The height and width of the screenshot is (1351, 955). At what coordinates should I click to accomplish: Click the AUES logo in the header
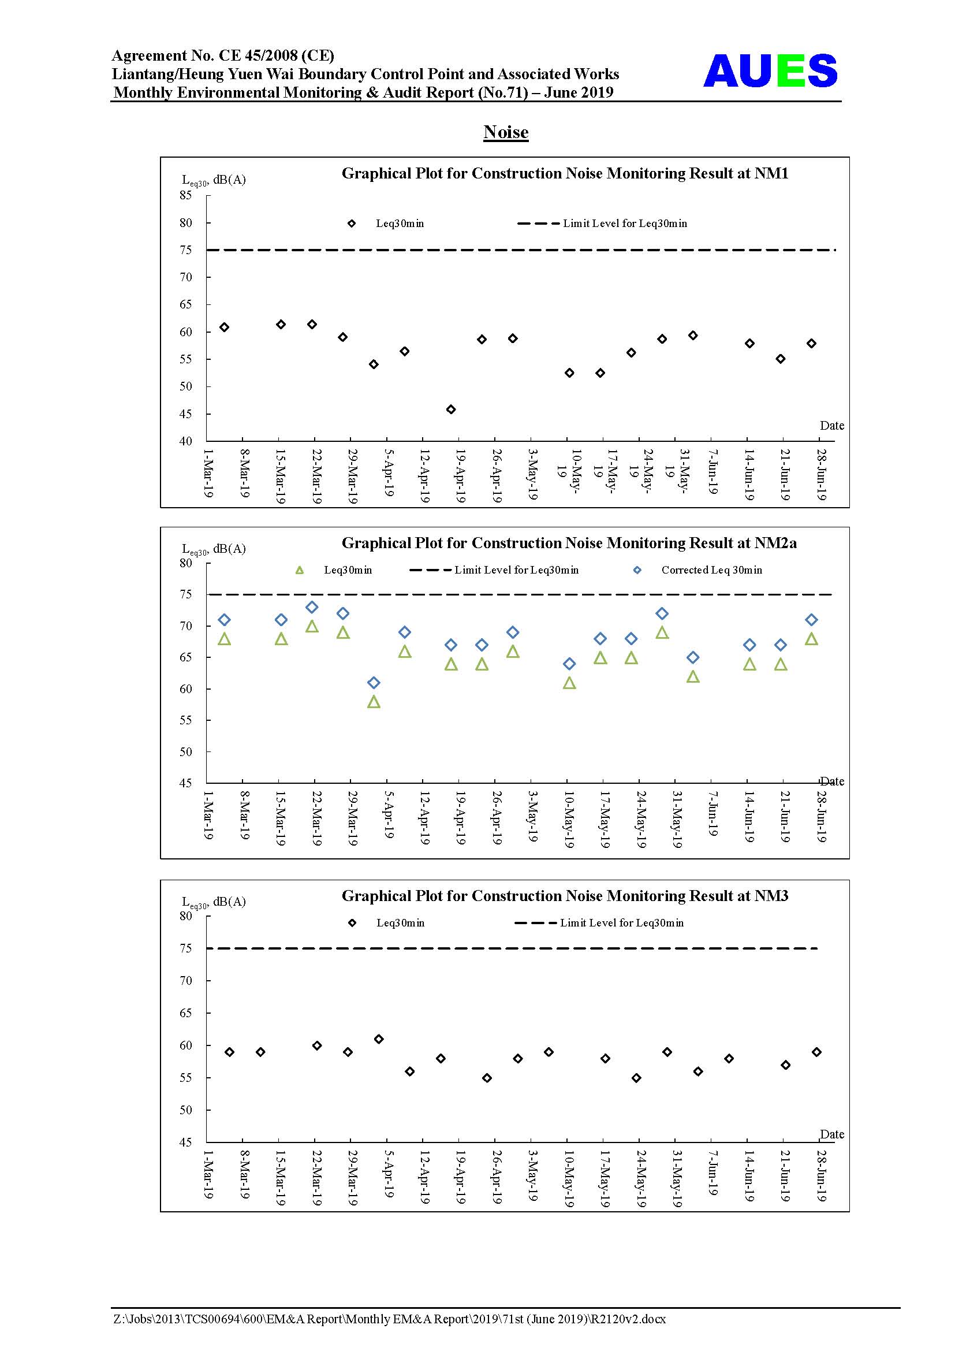pyautogui.click(x=770, y=71)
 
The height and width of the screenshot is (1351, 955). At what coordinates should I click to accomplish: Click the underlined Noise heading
pyautogui.click(x=506, y=132)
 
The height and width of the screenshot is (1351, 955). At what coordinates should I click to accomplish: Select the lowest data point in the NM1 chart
pyautogui.click(x=450, y=410)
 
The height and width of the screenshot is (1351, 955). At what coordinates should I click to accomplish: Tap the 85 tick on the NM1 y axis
pyautogui.click(x=186, y=195)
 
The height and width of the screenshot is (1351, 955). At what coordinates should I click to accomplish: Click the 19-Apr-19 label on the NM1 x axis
pyautogui.click(x=460, y=475)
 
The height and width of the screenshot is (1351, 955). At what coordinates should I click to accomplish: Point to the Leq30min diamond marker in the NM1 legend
pyautogui.click(x=352, y=224)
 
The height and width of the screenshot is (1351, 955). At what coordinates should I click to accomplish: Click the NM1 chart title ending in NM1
pyautogui.click(x=565, y=174)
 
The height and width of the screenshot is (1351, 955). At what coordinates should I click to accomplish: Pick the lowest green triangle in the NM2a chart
pyautogui.click(x=374, y=701)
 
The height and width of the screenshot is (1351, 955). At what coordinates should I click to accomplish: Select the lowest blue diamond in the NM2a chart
pyautogui.click(x=374, y=683)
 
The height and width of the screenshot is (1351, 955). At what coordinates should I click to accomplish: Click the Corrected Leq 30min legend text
pyautogui.click(x=711, y=570)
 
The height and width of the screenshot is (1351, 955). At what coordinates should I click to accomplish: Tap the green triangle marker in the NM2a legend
pyautogui.click(x=299, y=570)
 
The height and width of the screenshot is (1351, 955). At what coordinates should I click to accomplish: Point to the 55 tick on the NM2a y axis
pyautogui.click(x=186, y=720)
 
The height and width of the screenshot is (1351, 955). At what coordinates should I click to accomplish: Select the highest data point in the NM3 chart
pyautogui.click(x=379, y=1039)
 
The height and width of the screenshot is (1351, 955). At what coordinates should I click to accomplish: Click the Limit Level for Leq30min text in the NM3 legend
pyautogui.click(x=622, y=922)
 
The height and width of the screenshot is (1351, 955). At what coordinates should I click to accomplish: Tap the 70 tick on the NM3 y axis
pyautogui.click(x=186, y=980)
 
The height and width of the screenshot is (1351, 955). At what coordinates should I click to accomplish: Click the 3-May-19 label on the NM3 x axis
pyautogui.click(x=532, y=1175)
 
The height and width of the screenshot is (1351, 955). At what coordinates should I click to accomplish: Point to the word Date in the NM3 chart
pyautogui.click(x=832, y=1134)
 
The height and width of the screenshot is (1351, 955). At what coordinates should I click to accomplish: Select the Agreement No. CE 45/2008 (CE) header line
pyautogui.click(x=223, y=55)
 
